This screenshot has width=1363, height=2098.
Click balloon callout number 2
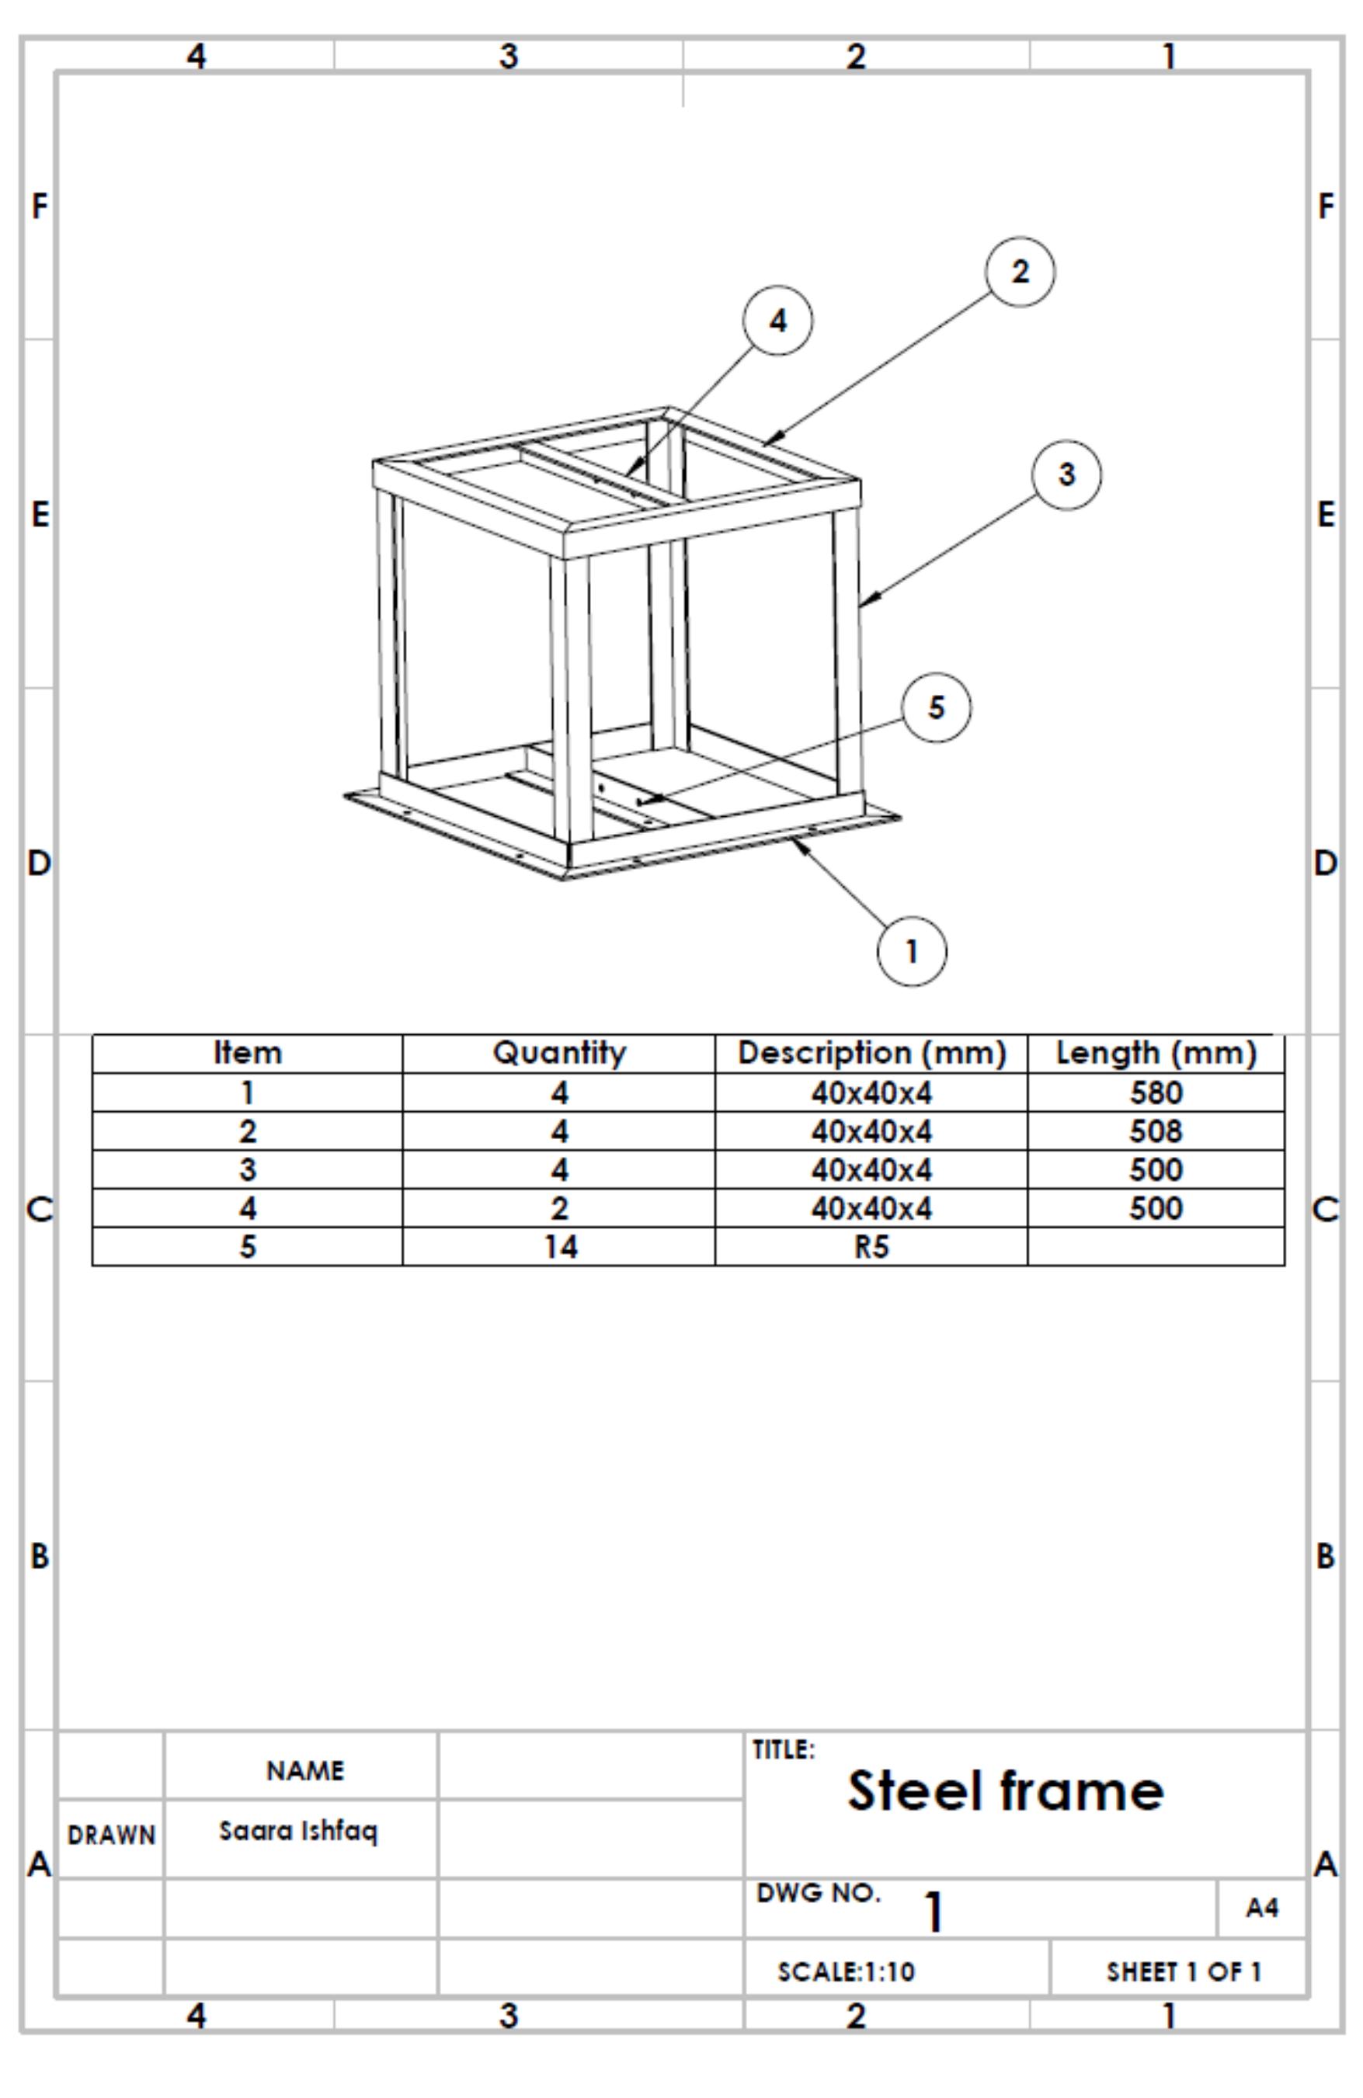click(1019, 272)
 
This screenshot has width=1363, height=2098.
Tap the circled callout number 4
click(777, 320)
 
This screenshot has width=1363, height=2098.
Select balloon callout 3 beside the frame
click(1066, 474)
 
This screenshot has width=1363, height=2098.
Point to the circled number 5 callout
click(937, 707)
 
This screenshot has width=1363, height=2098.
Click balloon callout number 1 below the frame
click(912, 951)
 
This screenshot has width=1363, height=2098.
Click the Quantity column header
click(559, 1053)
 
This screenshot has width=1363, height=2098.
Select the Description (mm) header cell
click(871, 1053)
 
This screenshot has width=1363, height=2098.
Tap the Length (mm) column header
click(1155, 1053)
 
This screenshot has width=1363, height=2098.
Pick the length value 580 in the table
click(1155, 1093)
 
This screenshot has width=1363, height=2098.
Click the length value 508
click(1155, 1131)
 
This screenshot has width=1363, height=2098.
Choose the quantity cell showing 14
click(559, 1246)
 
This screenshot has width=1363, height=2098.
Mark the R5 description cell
click(871, 1246)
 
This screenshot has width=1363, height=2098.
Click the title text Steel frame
click(1005, 1791)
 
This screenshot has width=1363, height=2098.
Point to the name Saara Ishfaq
click(298, 1831)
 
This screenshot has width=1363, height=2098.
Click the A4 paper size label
click(1261, 1908)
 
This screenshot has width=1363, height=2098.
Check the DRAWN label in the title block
click(111, 1835)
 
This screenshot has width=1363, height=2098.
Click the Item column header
click(248, 1053)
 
